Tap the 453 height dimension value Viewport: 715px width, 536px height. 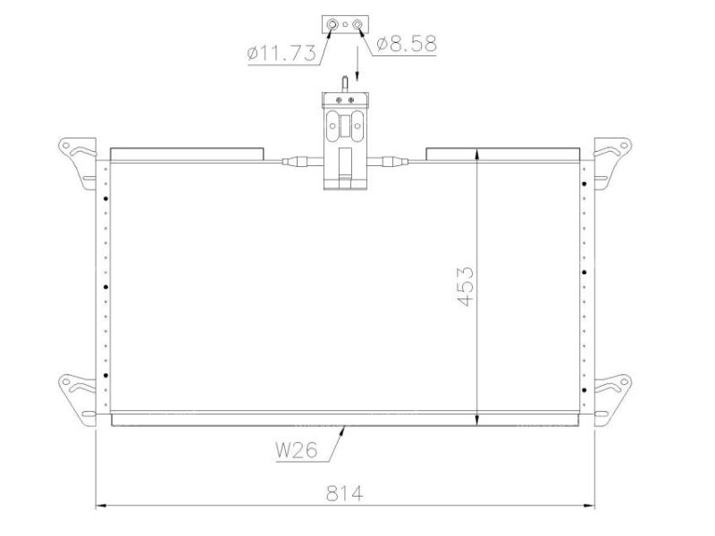[465, 286]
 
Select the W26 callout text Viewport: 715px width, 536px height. [296, 451]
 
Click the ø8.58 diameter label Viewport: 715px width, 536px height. [407, 42]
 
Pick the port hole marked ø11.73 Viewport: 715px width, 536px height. [332, 24]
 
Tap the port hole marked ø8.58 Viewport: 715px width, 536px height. [357, 24]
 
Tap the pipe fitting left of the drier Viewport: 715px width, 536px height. [297, 162]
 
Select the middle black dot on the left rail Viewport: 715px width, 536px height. [105, 287]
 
